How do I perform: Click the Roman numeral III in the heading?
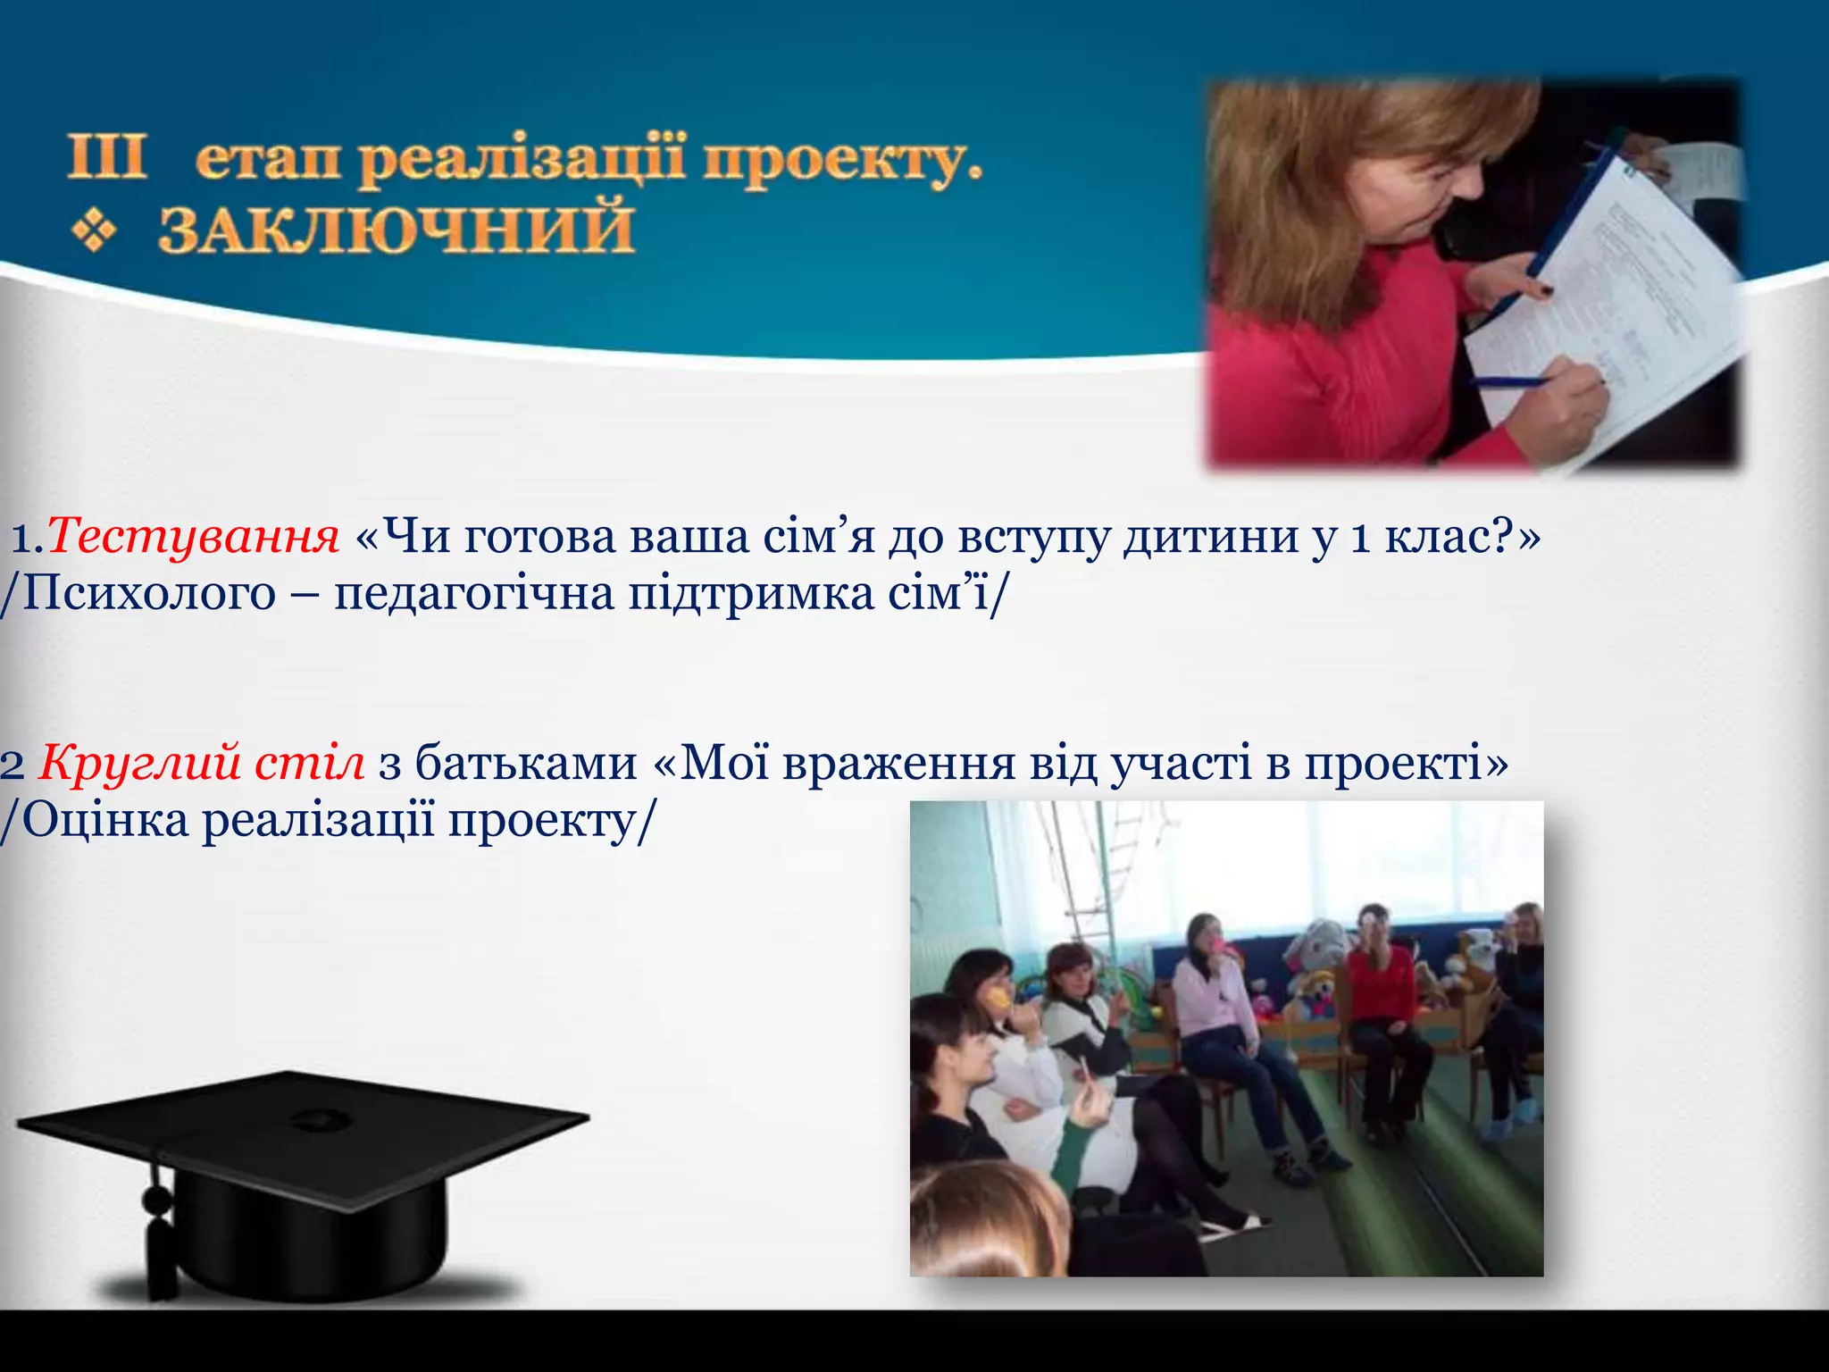pyautogui.click(x=106, y=159)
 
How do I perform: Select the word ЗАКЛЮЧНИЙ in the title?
pyautogui.click(x=396, y=230)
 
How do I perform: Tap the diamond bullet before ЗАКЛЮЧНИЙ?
pyautogui.click(x=94, y=231)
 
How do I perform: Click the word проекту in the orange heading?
pyautogui.click(x=839, y=163)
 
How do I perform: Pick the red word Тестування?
pyautogui.click(x=193, y=538)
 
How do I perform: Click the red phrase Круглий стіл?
pyautogui.click(x=202, y=764)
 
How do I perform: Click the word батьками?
pyautogui.click(x=526, y=764)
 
